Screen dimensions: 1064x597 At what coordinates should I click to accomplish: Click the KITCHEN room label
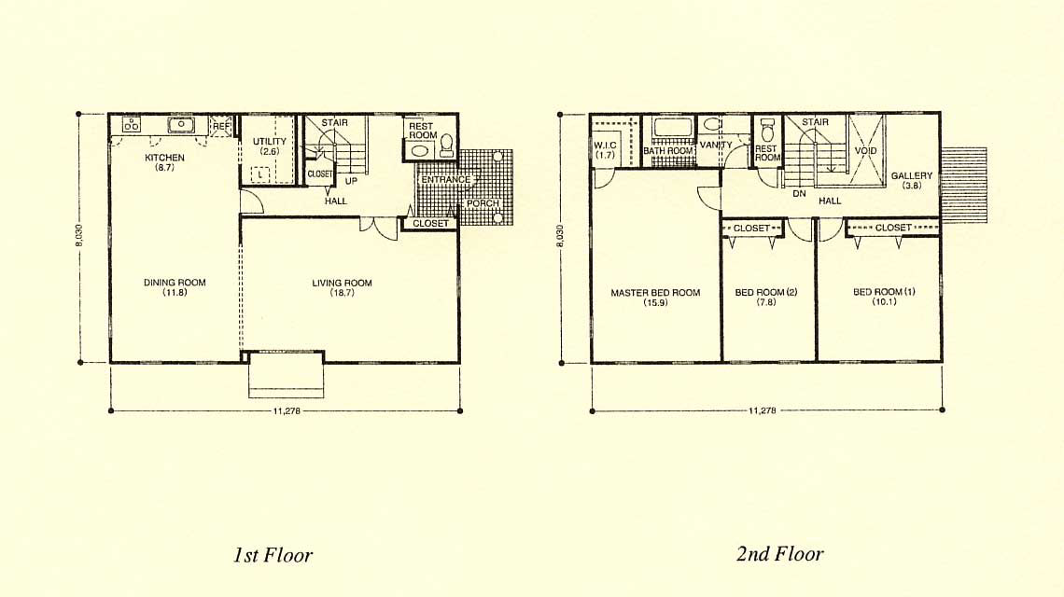[x=164, y=158]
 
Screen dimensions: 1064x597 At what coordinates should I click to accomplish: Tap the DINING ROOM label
[x=175, y=283]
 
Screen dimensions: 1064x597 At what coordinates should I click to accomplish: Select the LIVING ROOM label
[x=342, y=283]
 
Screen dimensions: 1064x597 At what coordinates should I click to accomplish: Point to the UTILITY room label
[x=270, y=141]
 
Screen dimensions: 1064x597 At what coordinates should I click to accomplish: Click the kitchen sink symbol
[x=181, y=124]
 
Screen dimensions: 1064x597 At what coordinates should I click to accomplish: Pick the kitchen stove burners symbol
[x=131, y=124]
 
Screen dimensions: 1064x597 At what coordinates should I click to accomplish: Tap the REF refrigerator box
[x=221, y=126]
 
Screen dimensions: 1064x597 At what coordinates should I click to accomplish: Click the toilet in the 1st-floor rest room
[x=446, y=144]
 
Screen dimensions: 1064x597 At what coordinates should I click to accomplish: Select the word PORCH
[x=483, y=203]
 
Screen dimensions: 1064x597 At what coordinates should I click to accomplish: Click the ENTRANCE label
[x=446, y=180]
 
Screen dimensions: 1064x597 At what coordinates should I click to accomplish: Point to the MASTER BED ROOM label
[x=655, y=293]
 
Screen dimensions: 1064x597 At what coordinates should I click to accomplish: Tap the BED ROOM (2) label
[x=766, y=292]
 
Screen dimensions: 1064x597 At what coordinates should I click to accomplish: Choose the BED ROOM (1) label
[x=884, y=292]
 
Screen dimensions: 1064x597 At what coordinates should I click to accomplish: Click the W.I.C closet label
[x=606, y=146]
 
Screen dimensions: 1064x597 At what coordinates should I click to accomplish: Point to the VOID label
[x=866, y=150]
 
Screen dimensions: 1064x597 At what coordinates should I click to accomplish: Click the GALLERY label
[x=911, y=175]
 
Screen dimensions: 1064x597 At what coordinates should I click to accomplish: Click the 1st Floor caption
[x=273, y=555]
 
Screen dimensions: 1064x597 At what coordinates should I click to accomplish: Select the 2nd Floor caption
[x=779, y=553]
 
